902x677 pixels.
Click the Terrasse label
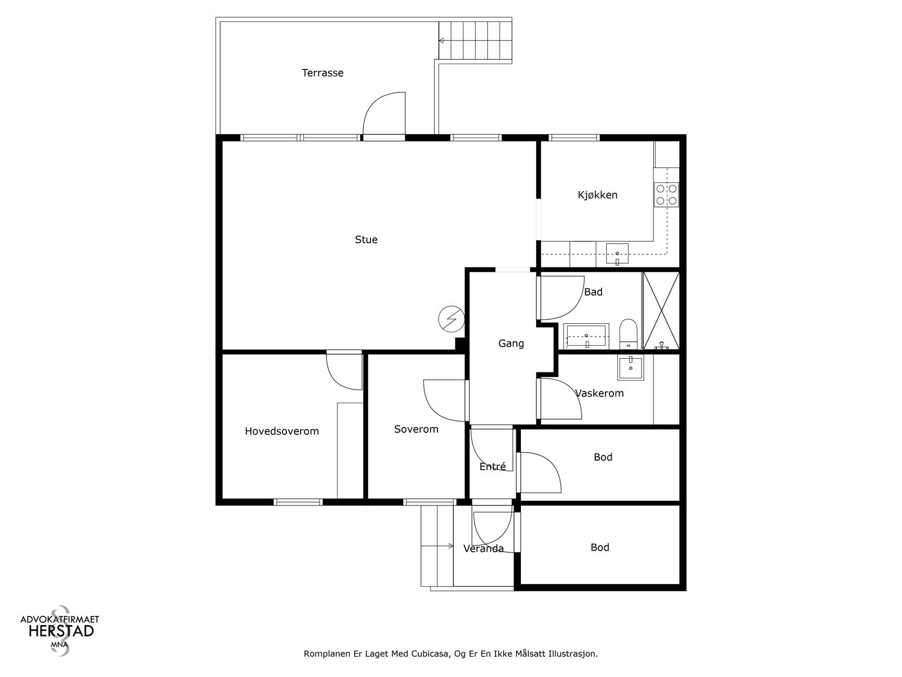(322, 73)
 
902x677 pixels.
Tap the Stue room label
(366, 240)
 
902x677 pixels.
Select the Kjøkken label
(598, 195)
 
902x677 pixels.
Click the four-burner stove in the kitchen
(666, 194)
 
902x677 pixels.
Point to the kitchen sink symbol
(617, 254)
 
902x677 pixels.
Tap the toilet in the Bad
(627, 333)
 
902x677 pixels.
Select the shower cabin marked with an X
(661, 310)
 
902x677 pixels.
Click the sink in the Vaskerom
(631, 368)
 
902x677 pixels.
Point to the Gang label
(511, 344)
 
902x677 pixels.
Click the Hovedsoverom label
(282, 432)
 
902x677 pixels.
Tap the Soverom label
(416, 429)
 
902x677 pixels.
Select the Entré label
(492, 467)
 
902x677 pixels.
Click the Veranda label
(483, 549)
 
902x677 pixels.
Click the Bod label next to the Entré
(603, 458)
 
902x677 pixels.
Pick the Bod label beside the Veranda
(600, 548)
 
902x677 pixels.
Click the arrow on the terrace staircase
(442, 41)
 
